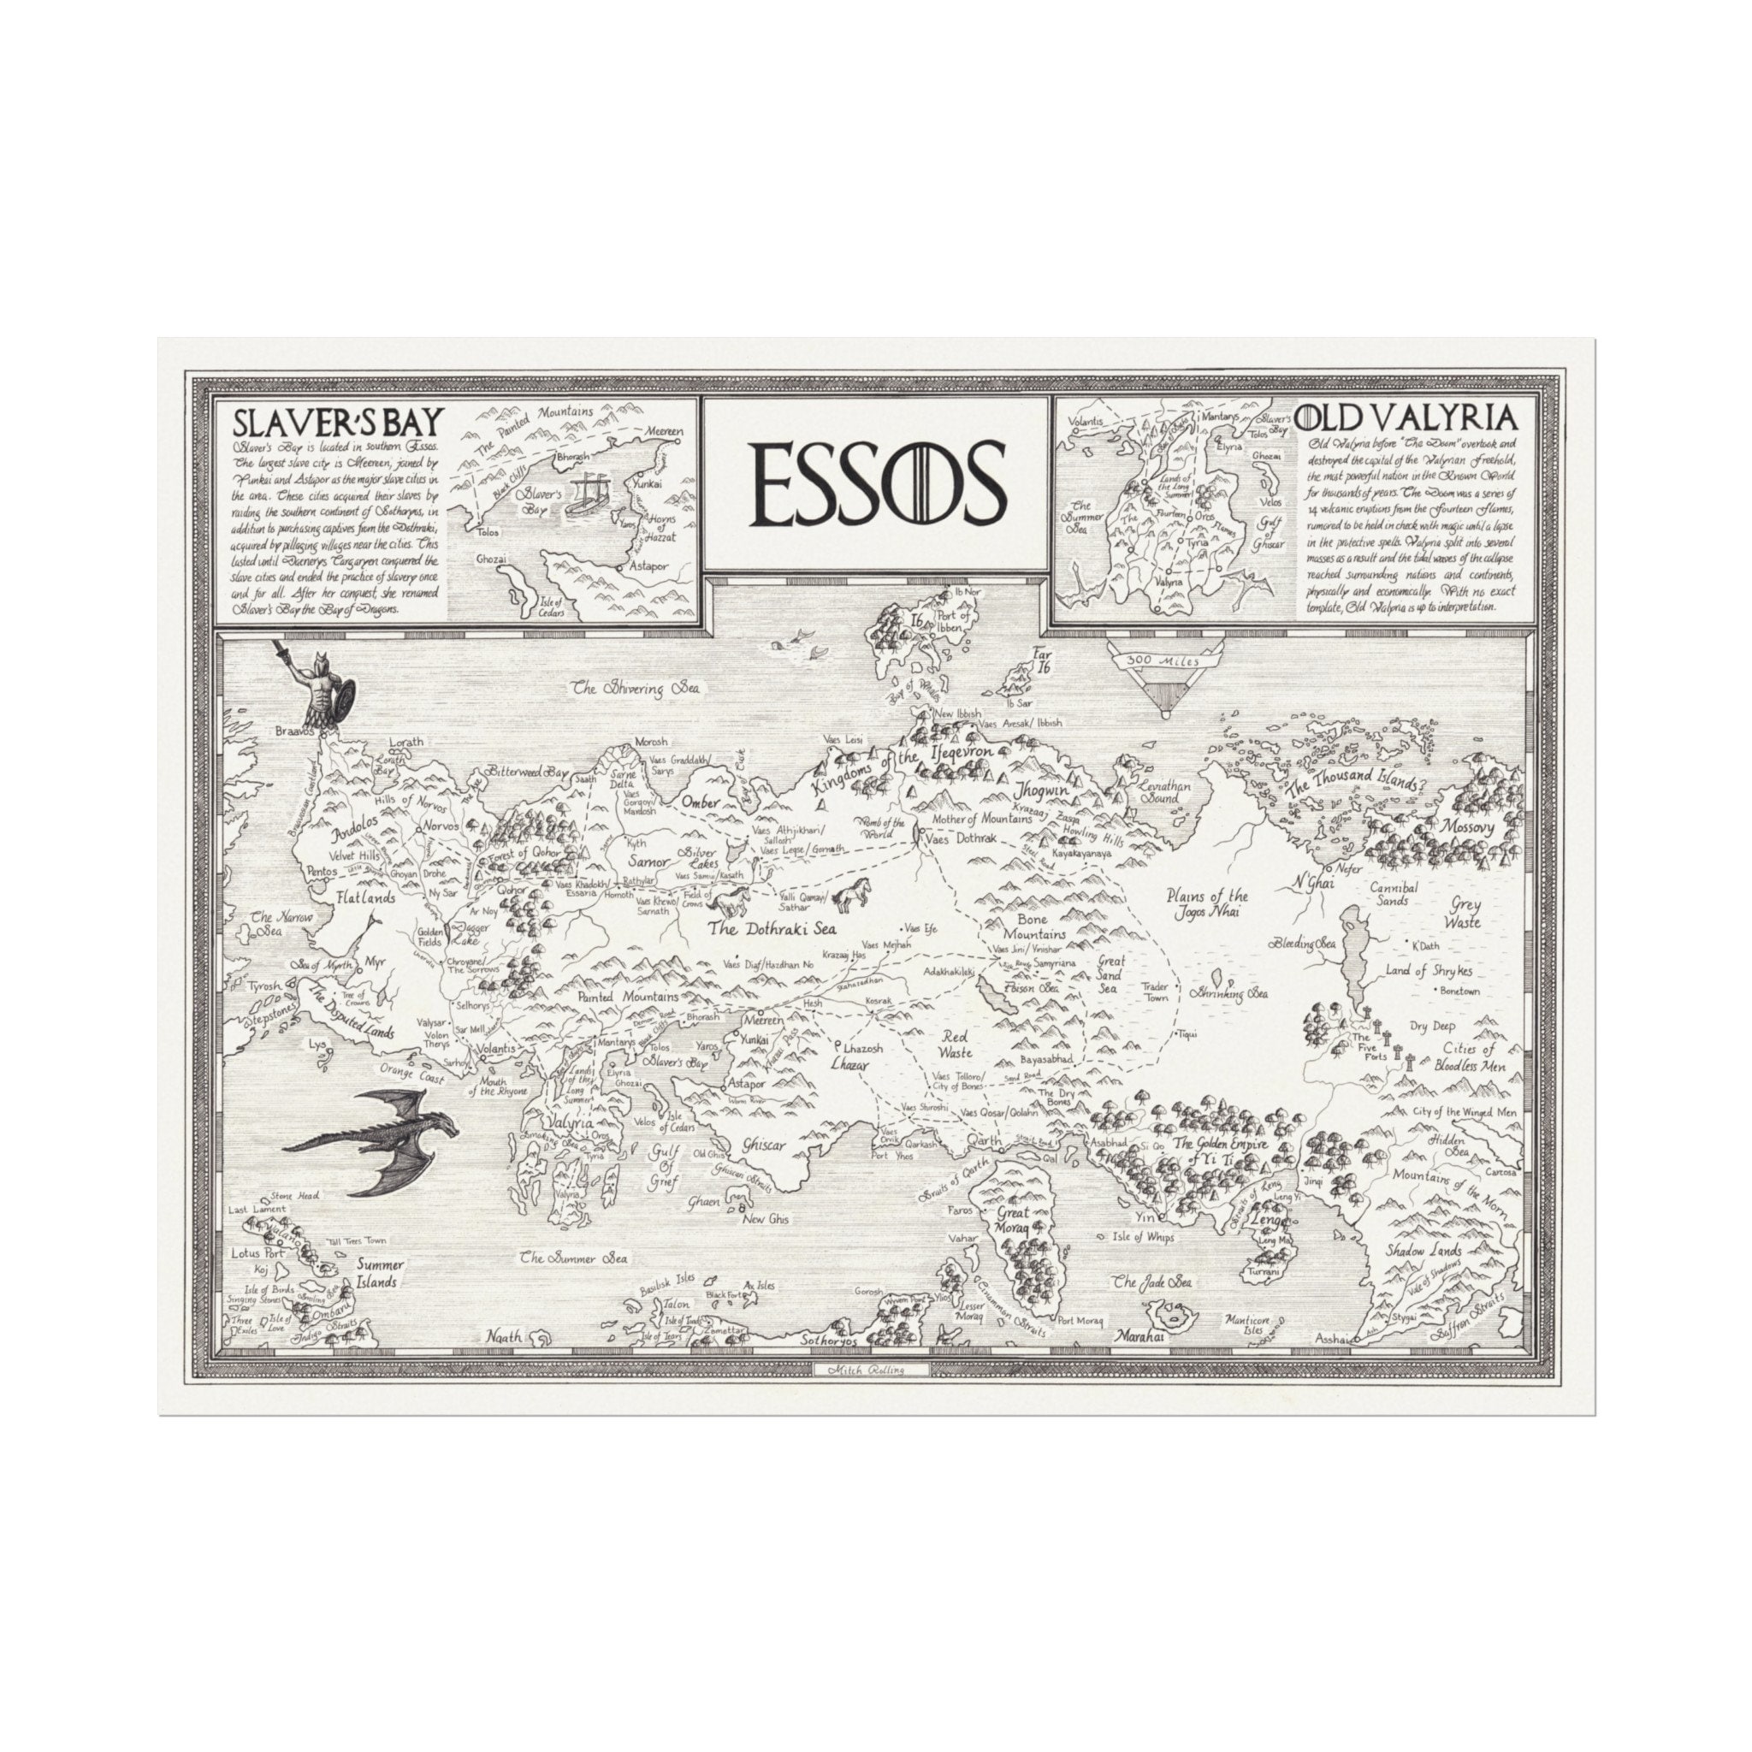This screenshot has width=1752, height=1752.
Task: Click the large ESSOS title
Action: coord(877,483)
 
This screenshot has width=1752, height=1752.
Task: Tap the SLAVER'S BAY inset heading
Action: coord(338,422)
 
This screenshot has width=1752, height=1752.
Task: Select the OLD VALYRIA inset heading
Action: coord(1406,418)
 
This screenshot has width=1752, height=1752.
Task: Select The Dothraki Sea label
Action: coord(772,928)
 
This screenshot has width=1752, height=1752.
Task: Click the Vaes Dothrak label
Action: coord(961,839)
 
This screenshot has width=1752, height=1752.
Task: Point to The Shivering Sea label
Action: coord(636,689)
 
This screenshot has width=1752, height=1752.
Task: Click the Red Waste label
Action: coord(955,1044)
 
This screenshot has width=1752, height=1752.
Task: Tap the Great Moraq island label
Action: coord(1013,1219)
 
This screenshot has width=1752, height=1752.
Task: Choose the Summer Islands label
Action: coord(379,1273)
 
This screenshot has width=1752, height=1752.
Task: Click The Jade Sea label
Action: coord(1151,1282)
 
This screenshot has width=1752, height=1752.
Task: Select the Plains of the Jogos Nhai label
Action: coord(1209,903)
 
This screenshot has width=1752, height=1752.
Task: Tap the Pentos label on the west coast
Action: coord(322,872)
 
